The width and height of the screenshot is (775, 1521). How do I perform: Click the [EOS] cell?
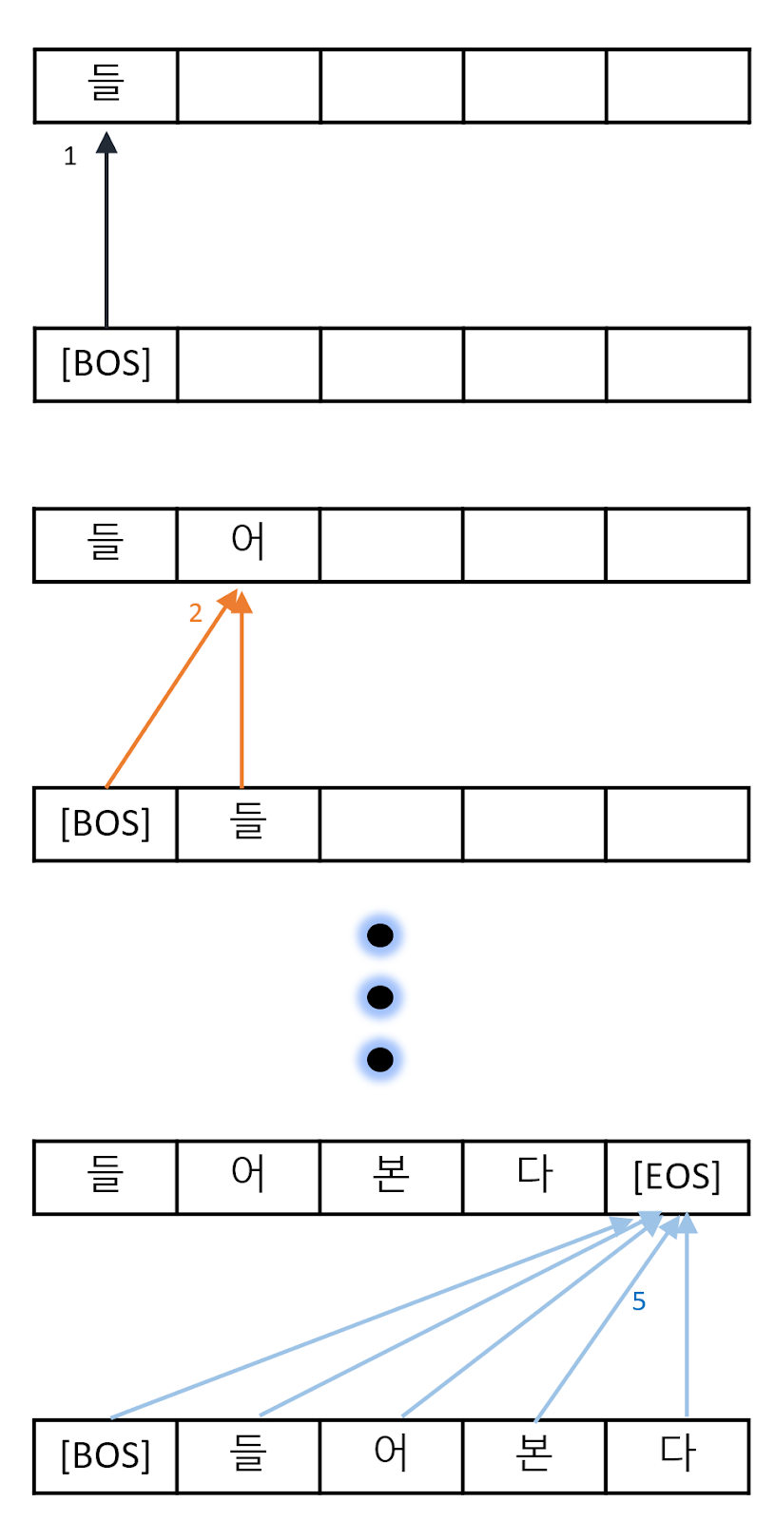click(x=677, y=1177)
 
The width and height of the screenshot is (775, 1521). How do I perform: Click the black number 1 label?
click(x=69, y=157)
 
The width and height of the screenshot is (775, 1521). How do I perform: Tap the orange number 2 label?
click(x=195, y=613)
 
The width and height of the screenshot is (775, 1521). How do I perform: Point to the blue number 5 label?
click(x=639, y=1301)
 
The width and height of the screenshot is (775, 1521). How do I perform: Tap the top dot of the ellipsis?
click(x=380, y=935)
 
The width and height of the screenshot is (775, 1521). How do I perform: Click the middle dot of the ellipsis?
click(x=380, y=997)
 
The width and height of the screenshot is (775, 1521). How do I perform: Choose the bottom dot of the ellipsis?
click(x=380, y=1059)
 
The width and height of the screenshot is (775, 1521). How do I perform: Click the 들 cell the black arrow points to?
click(x=106, y=86)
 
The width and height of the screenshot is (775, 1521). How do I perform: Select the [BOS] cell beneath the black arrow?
click(x=106, y=364)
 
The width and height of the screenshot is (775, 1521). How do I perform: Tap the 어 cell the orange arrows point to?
click(x=248, y=545)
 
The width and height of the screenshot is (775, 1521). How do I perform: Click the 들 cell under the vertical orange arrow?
click(x=248, y=823)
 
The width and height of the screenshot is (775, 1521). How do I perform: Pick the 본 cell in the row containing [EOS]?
click(x=392, y=1177)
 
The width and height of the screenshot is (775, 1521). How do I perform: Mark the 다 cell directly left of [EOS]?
click(x=534, y=1177)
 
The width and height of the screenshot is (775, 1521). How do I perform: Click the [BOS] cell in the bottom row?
click(x=106, y=1455)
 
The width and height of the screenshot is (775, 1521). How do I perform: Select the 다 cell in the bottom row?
click(x=677, y=1455)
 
